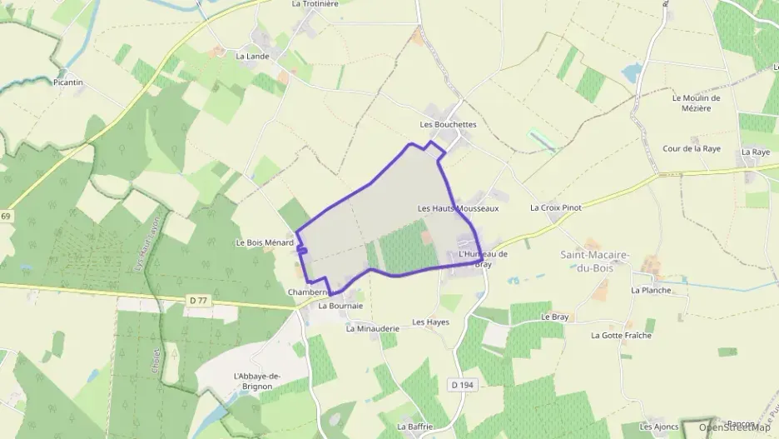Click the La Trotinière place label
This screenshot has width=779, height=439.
(315, 4)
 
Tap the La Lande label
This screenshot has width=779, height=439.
(251, 57)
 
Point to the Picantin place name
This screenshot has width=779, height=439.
(68, 82)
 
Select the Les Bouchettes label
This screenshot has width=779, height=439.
(448, 124)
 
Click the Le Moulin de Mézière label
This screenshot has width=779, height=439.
(696, 102)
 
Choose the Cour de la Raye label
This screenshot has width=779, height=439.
(691, 148)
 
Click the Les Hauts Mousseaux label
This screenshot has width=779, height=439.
(458, 208)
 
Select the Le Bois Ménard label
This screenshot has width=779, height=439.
(265, 243)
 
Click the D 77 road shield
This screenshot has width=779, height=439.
(197, 300)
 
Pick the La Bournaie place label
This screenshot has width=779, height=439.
(341, 306)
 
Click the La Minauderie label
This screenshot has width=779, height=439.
(373, 328)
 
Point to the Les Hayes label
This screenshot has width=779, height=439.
(430, 322)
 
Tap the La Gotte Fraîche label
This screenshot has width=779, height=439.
(621, 335)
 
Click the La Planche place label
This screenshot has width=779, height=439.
(651, 290)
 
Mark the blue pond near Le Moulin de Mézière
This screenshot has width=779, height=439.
(631, 73)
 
